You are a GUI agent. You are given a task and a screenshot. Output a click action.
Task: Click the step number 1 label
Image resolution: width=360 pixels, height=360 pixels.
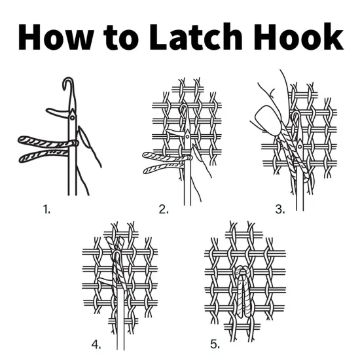tap(46, 209)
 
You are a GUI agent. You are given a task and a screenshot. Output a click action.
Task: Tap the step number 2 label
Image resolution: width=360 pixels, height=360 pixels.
tap(164, 209)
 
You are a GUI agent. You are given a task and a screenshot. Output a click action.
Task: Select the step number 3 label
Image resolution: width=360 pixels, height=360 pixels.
tap(280, 209)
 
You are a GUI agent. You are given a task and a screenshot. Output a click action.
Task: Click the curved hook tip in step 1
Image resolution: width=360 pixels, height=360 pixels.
tap(68, 84)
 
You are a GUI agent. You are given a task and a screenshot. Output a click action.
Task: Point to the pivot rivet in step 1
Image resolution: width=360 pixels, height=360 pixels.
tap(71, 118)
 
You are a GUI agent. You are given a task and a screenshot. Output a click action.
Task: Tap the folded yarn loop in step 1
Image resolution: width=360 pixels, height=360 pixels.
tap(46, 147)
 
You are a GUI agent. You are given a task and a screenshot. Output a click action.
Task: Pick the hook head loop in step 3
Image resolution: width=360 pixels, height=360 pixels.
tap(298, 120)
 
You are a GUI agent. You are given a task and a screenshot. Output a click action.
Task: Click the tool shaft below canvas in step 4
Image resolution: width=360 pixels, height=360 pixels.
tap(119, 334)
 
